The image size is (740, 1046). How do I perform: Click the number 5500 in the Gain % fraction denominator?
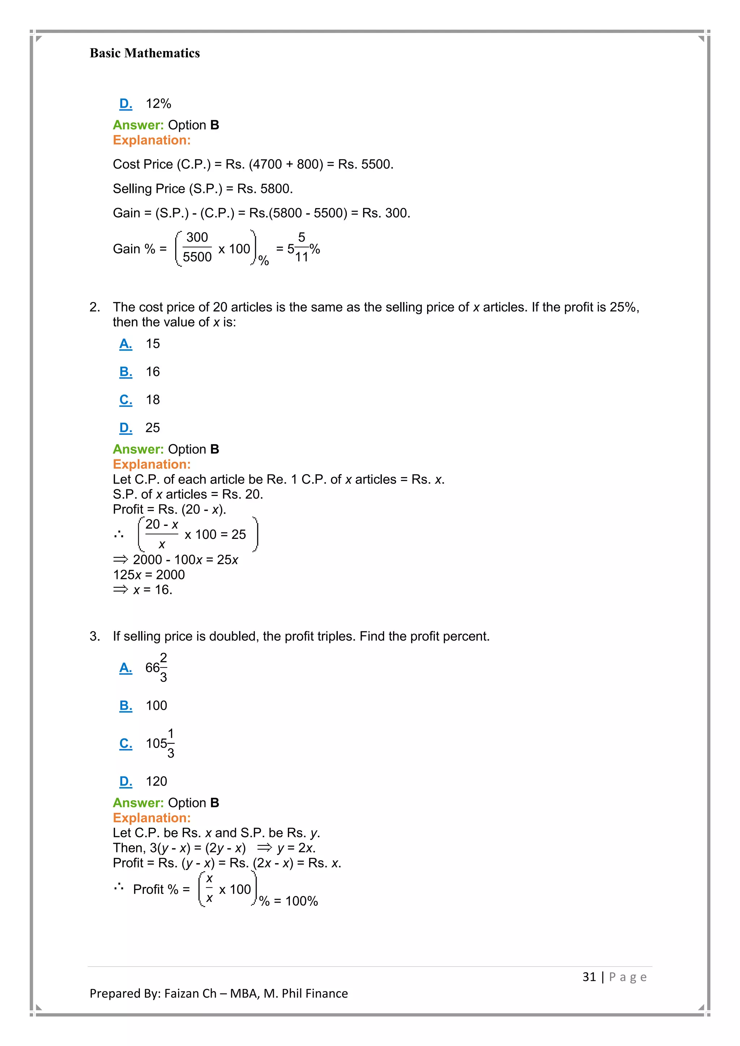pyautogui.click(x=197, y=257)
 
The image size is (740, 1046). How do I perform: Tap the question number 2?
pyautogui.click(x=94, y=307)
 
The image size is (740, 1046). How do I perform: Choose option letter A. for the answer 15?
pyautogui.click(x=126, y=343)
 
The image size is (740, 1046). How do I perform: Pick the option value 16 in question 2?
pyautogui.click(x=152, y=372)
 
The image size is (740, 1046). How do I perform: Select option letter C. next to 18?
pyautogui.click(x=126, y=399)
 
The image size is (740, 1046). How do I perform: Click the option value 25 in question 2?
pyautogui.click(x=152, y=428)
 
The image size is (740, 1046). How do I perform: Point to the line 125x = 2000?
pyautogui.click(x=149, y=575)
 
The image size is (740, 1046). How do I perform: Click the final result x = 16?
pyautogui.click(x=152, y=589)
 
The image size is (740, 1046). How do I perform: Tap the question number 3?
pyautogui.click(x=94, y=636)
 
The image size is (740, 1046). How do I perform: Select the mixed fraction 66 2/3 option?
pyautogui.click(x=156, y=667)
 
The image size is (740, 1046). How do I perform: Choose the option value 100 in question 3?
pyautogui.click(x=156, y=705)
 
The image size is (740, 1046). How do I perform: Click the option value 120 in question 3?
pyautogui.click(x=156, y=781)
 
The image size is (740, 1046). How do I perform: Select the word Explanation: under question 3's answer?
pyautogui.click(x=152, y=818)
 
